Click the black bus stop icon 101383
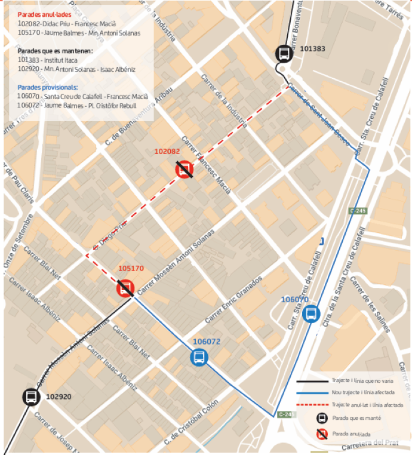coord(284,53)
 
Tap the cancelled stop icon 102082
coord(185,170)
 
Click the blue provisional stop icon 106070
coord(310,313)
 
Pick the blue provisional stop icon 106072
coord(199,357)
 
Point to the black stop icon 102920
coord(30,396)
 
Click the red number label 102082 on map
coord(167,152)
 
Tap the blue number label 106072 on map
coord(207,342)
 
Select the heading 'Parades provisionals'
coord(47,87)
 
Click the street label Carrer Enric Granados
coord(233,299)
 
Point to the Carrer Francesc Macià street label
coord(206,161)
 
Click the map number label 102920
coord(59,396)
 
